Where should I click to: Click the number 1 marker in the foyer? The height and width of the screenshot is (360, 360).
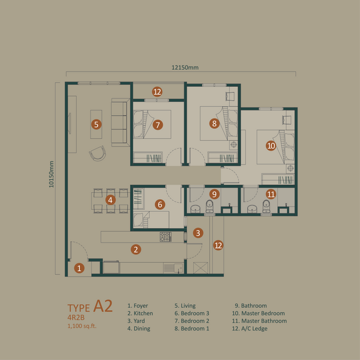click(79, 268)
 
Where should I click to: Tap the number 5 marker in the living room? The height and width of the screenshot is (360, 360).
click(96, 125)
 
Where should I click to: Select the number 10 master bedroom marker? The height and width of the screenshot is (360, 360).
click(271, 145)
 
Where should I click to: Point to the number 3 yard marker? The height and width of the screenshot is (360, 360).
click(199, 233)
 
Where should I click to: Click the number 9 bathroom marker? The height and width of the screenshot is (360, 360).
click(214, 194)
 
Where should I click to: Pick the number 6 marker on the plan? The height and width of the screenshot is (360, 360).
click(160, 205)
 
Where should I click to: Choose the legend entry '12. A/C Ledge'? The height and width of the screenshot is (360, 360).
click(251, 329)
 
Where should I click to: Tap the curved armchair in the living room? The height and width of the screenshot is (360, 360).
click(97, 155)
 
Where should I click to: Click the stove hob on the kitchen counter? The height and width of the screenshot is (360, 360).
click(166, 237)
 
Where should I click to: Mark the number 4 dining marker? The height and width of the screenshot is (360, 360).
click(110, 200)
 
